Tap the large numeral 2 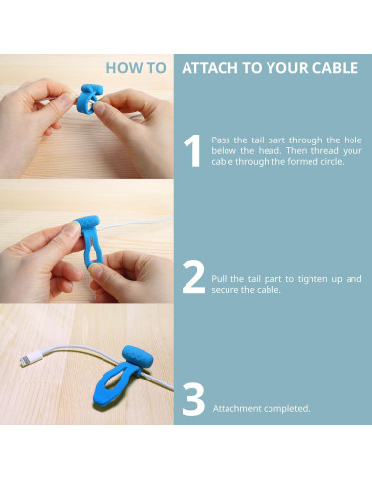tap(193, 277)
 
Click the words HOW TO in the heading tap(136, 69)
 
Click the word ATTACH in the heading tap(210, 69)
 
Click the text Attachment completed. tap(261, 408)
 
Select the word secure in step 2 tap(224, 290)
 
